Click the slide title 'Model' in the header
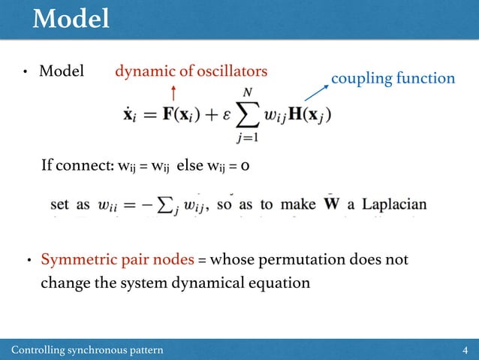point(71,20)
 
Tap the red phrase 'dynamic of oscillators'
point(191,71)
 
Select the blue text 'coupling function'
point(393,78)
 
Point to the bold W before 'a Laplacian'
point(330,204)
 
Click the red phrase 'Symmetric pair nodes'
point(117,260)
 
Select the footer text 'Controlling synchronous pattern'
point(87,350)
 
